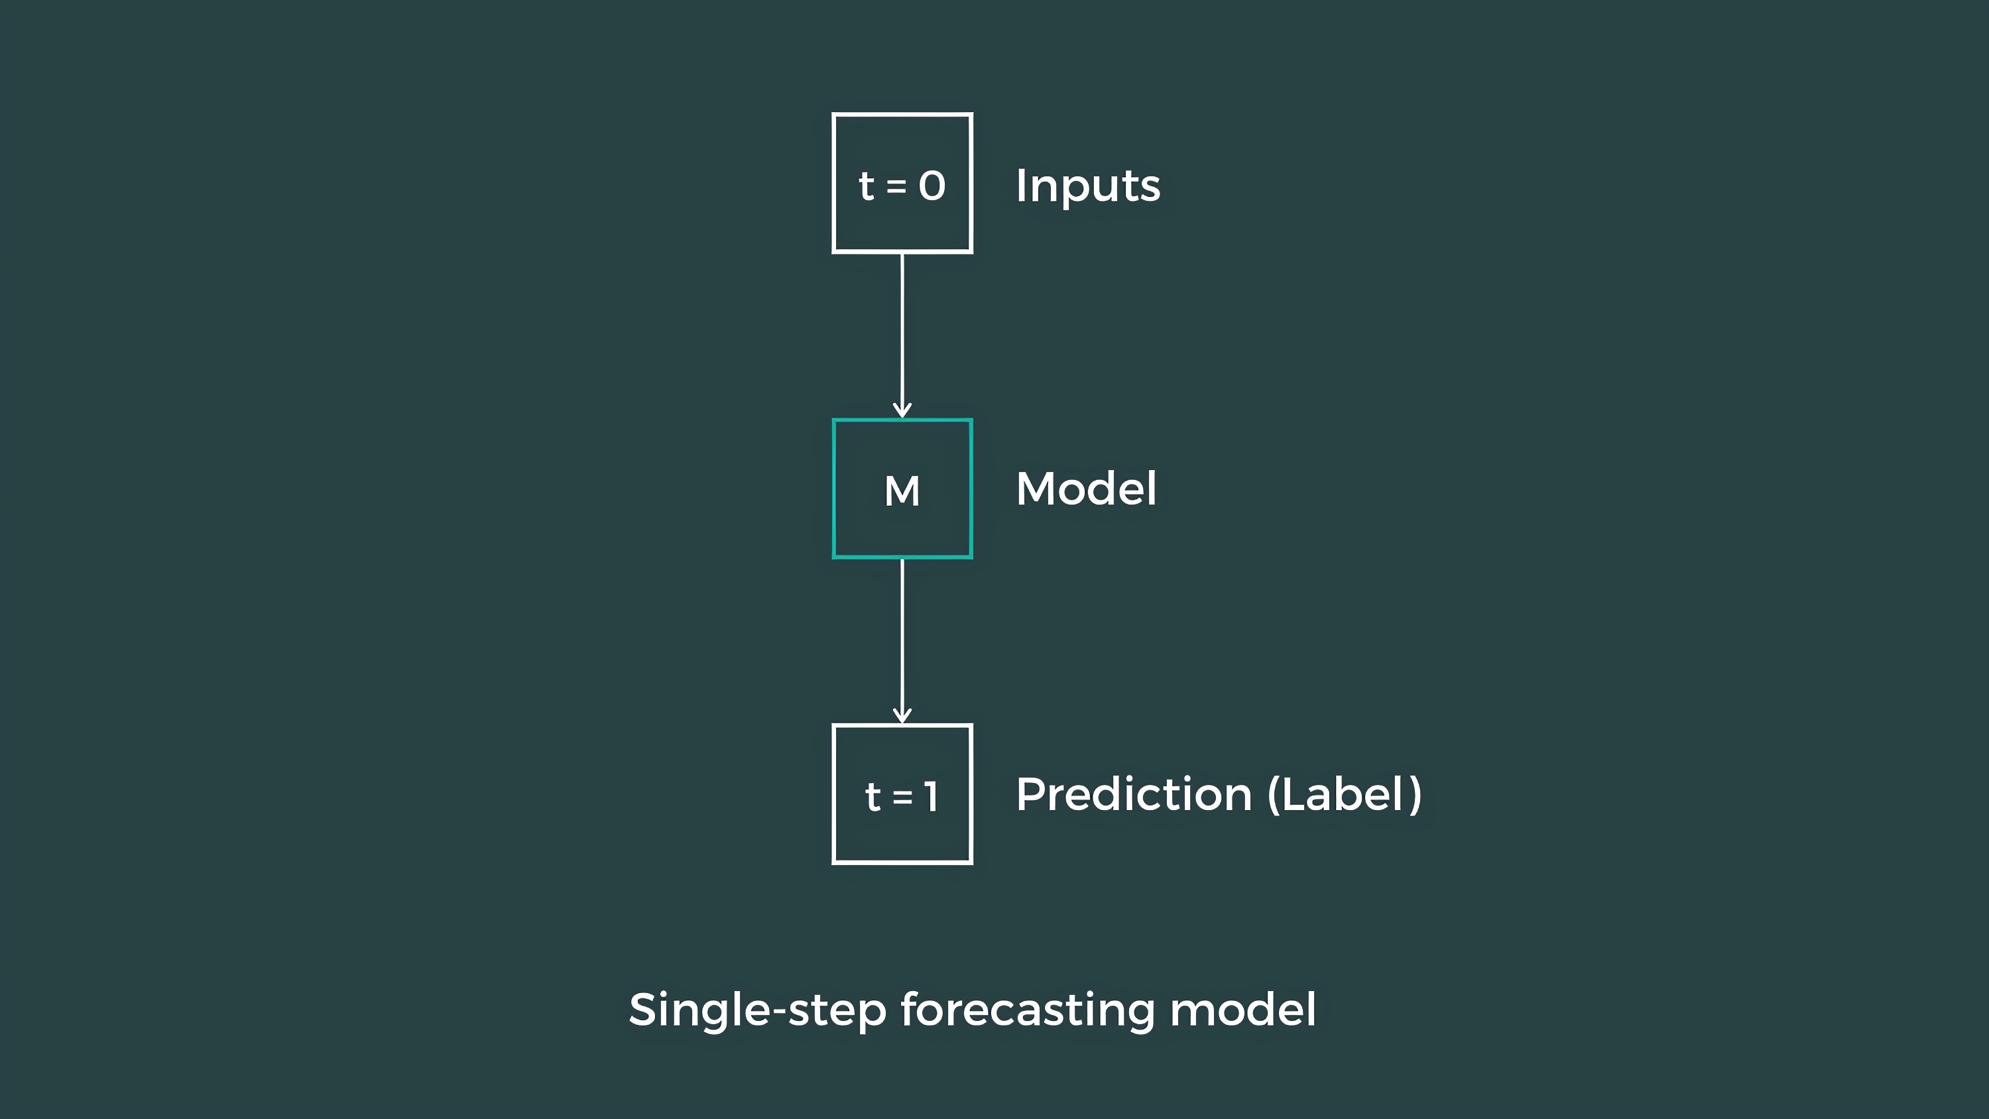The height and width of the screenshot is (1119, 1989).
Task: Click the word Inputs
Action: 1087,186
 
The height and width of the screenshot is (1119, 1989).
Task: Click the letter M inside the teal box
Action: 902,491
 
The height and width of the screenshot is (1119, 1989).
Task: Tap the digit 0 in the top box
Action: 932,186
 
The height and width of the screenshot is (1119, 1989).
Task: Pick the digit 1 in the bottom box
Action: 932,796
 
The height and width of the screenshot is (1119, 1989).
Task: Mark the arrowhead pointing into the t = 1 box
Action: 902,715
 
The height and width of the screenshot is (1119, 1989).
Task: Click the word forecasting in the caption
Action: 1028,1010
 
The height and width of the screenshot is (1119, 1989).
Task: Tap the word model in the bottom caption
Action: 1242,1010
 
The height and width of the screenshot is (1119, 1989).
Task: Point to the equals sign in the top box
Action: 896,186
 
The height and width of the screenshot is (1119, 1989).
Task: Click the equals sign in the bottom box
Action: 902,796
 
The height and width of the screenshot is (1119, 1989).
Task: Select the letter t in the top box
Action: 867,186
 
